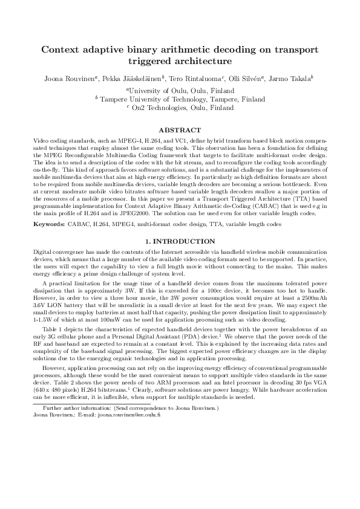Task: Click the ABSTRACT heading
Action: [x=179, y=130]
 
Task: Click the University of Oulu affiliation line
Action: [x=180, y=90]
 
